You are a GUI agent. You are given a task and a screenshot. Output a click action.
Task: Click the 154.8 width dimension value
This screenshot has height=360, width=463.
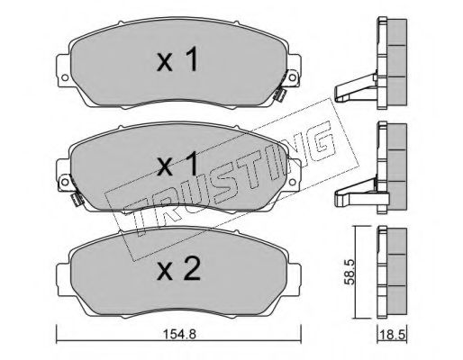click(179, 334)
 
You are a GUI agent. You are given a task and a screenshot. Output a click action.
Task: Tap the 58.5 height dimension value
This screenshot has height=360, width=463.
click(350, 272)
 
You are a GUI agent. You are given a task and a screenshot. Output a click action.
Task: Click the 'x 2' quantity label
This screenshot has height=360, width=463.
click(178, 269)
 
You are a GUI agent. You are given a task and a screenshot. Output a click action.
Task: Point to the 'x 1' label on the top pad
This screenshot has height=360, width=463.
click(177, 59)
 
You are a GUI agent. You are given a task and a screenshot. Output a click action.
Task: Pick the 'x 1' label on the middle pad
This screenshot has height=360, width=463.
click(177, 164)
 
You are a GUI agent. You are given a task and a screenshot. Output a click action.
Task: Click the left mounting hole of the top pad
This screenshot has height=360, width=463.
click(65, 77)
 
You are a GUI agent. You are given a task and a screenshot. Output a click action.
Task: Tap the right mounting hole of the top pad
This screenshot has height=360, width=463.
click(292, 77)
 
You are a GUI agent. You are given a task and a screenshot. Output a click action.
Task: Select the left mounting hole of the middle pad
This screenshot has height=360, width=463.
click(65, 182)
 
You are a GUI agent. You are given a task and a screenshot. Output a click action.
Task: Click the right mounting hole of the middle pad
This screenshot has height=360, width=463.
click(292, 182)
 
